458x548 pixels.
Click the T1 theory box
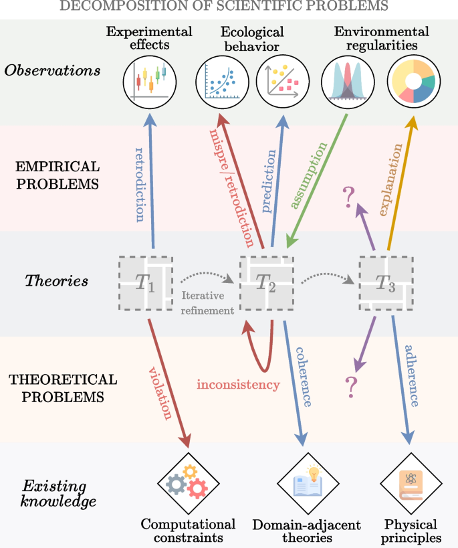(x=145, y=282)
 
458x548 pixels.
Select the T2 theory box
(x=268, y=282)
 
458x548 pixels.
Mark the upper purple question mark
(x=348, y=197)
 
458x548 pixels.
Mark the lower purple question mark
(x=348, y=387)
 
